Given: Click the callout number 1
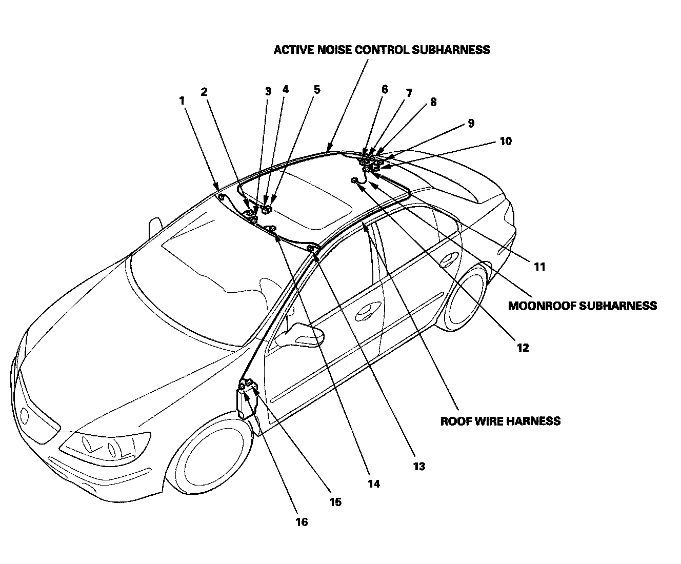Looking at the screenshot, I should (182, 100).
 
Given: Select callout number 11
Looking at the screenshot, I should (539, 267).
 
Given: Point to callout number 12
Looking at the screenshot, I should (522, 348).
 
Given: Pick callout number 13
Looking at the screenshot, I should (419, 466).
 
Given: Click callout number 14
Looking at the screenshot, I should (373, 483).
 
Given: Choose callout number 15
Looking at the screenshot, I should (335, 502).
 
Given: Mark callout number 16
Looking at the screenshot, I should (302, 521).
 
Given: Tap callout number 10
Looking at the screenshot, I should (506, 141).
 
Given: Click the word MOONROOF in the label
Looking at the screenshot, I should (542, 306).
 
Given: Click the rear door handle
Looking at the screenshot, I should (450, 256).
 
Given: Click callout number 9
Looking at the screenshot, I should (471, 123).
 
